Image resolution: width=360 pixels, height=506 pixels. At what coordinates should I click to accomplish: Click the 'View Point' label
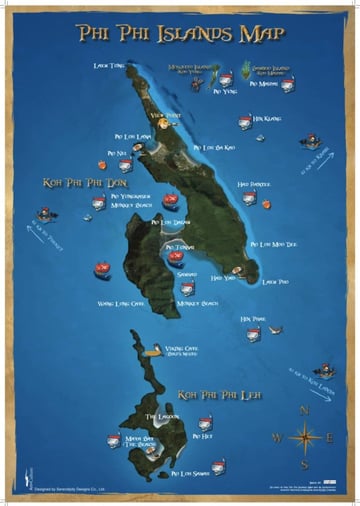pos(165,116)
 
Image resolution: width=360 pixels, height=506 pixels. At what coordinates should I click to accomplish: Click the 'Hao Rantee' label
pos(254,184)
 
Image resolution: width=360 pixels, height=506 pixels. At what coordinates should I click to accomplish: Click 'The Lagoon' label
pos(160,416)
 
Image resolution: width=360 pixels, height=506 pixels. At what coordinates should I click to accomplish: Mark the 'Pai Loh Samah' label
pos(189,473)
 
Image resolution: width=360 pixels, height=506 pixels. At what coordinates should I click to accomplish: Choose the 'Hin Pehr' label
pos(252,319)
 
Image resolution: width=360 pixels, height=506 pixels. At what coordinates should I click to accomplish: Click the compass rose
pos(303,436)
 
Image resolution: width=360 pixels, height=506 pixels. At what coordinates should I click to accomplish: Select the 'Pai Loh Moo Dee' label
pos(273,244)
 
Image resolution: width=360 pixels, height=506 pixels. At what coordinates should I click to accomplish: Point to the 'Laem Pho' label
pos(275,282)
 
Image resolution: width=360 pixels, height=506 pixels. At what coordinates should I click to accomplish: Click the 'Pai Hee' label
pos(201,435)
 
